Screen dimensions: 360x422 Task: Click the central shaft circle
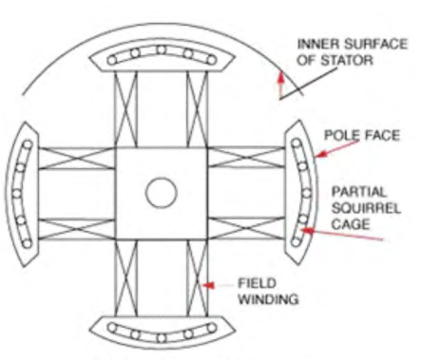pyautogui.click(x=161, y=194)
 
